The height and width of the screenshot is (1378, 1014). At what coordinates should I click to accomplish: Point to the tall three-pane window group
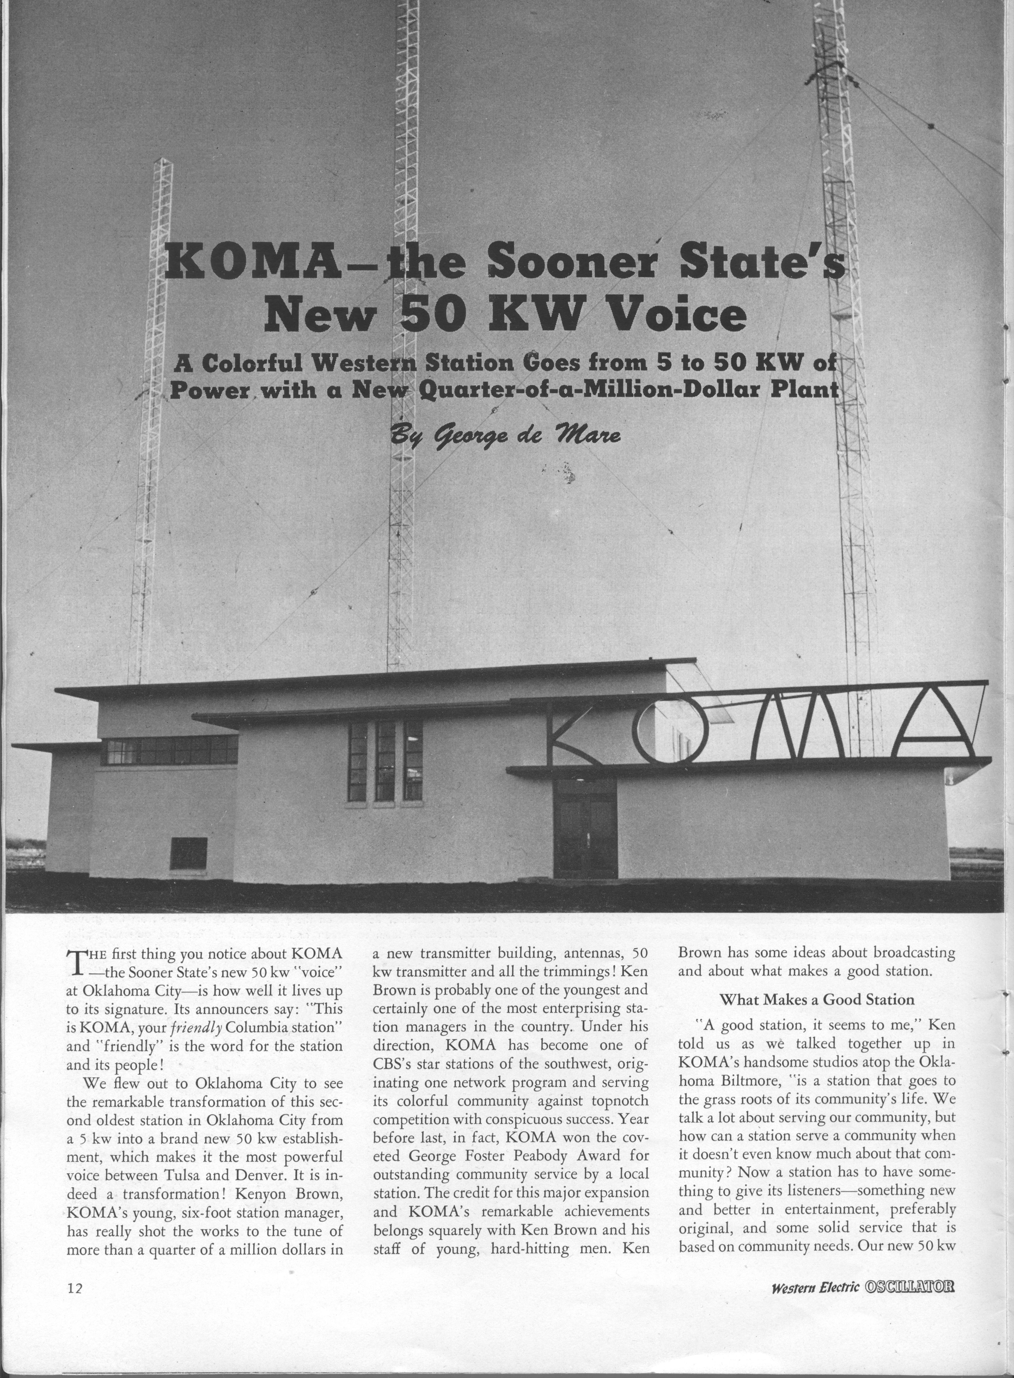coord(386,761)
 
